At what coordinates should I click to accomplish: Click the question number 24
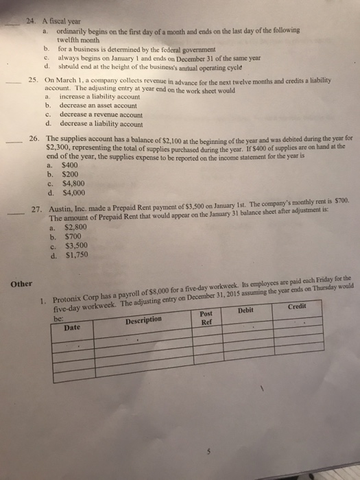pos(27,21)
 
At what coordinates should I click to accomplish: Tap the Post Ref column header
pos(206,317)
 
